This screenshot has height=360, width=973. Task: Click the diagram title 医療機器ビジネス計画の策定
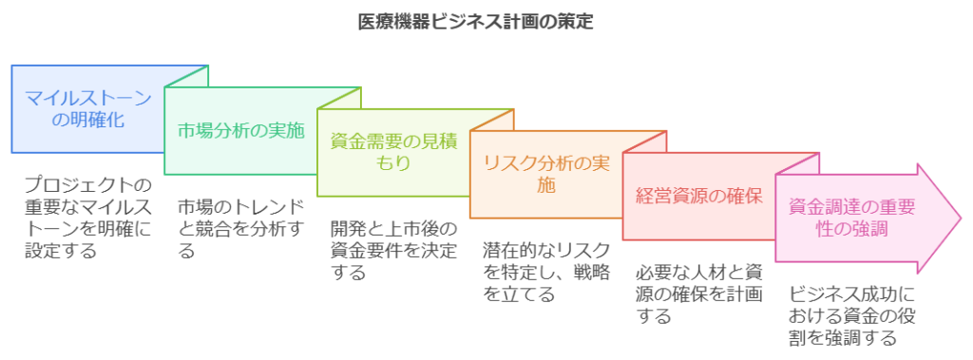coord(476,23)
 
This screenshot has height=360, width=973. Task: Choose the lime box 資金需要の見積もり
coord(393,153)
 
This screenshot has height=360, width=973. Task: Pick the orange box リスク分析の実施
coord(546,175)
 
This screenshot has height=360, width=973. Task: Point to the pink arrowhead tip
coord(962,218)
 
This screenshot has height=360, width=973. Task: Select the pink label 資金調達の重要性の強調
coord(851,218)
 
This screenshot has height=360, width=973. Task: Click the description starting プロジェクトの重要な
coord(88,218)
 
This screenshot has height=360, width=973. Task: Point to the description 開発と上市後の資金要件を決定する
coord(393,250)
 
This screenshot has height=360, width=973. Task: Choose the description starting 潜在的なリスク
coord(546,272)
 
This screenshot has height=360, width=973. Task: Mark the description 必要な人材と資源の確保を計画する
coord(699,294)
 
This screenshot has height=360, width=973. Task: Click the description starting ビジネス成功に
coord(852,316)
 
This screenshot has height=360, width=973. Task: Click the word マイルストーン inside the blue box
coord(88,98)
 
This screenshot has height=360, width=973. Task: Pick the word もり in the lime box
coord(393,164)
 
